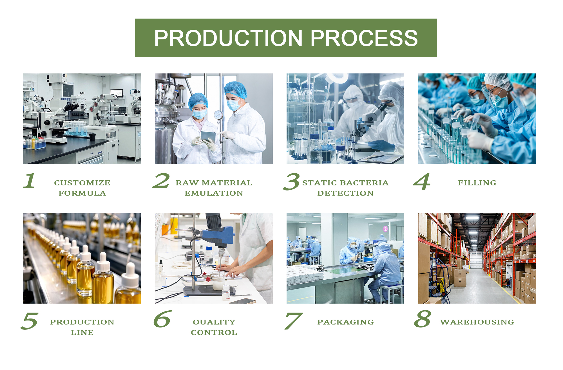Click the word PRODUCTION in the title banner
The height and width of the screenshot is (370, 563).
point(228,38)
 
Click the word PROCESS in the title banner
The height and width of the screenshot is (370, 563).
point(364,38)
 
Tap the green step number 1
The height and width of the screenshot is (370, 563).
point(29,181)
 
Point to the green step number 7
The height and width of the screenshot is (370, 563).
point(293,321)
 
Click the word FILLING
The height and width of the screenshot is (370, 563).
point(477,183)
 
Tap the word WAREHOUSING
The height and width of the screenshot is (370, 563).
point(477,322)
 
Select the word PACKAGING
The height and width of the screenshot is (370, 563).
point(345,322)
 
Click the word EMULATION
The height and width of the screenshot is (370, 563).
point(214,193)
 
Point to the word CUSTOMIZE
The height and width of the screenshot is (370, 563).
point(82,183)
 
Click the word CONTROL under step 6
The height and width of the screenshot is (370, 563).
point(214,333)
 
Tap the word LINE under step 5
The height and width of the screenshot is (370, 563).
point(82,333)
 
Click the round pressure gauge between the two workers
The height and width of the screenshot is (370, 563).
point(218,115)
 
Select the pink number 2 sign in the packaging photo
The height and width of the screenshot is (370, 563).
point(386,229)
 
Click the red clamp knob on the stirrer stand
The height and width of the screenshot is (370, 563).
point(208,279)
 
